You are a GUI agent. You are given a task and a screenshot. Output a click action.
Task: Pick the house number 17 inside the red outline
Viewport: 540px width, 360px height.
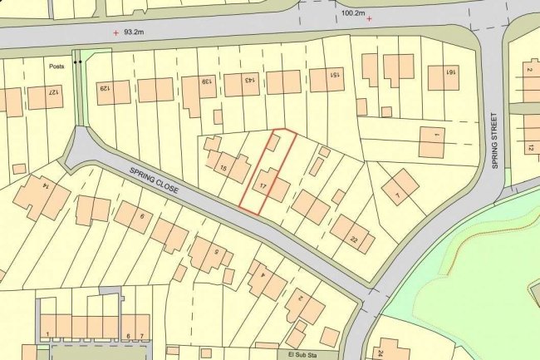click(263, 185)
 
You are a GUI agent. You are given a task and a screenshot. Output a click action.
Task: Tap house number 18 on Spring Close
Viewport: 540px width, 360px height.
click(222, 168)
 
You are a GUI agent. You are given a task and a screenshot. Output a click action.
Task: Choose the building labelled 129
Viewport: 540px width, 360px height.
click(106, 87)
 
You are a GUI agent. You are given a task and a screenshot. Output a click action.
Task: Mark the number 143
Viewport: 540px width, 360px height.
click(249, 80)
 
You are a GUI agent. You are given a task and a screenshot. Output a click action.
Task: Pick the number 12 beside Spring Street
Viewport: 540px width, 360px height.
click(530, 148)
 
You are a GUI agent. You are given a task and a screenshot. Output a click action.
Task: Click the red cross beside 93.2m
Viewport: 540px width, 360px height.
click(115, 33)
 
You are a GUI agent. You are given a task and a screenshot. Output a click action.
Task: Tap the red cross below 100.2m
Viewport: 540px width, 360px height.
click(369, 18)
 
